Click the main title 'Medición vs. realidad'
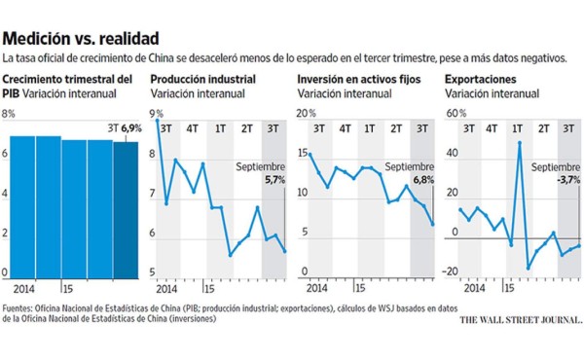80,39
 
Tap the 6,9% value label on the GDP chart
129,127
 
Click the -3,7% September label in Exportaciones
567,180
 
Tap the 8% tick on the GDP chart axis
10,115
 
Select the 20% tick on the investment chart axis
305,115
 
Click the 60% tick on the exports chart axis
453,115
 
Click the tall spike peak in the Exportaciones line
520,143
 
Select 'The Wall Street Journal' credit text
521,319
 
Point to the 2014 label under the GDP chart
26,289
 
